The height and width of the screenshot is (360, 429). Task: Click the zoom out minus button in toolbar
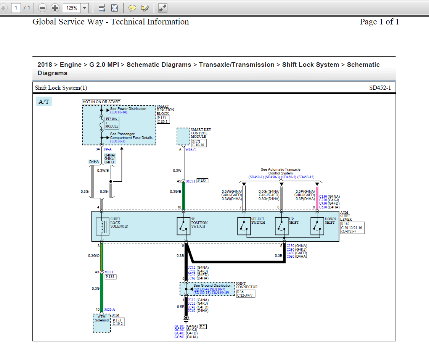click(x=43, y=8)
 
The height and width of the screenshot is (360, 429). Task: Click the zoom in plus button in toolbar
click(x=55, y=8)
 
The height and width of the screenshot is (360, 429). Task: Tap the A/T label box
click(x=44, y=102)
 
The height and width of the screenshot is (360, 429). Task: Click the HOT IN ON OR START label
click(x=101, y=102)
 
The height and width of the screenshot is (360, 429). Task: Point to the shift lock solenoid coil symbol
click(x=102, y=226)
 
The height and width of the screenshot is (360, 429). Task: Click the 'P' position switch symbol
click(x=184, y=226)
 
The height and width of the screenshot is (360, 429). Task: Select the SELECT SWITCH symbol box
click(x=244, y=226)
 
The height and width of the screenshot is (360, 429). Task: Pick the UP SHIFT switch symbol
click(x=281, y=226)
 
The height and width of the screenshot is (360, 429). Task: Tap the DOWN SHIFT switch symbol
click(x=317, y=226)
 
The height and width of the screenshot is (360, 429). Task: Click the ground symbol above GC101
click(x=186, y=318)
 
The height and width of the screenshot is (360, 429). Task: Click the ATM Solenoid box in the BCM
click(x=102, y=323)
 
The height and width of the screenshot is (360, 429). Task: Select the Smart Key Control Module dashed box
click(x=183, y=137)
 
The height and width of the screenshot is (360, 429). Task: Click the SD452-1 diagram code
click(x=380, y=88)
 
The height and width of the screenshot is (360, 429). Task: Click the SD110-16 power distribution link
click(x=119, y=112)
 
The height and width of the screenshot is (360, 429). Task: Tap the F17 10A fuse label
click(x=112, y=119)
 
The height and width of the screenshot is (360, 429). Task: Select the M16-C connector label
click(x=190, y=150)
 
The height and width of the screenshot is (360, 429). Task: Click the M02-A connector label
click(x=110, y=310)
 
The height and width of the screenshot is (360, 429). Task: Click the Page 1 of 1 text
click(x=379, y=22)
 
